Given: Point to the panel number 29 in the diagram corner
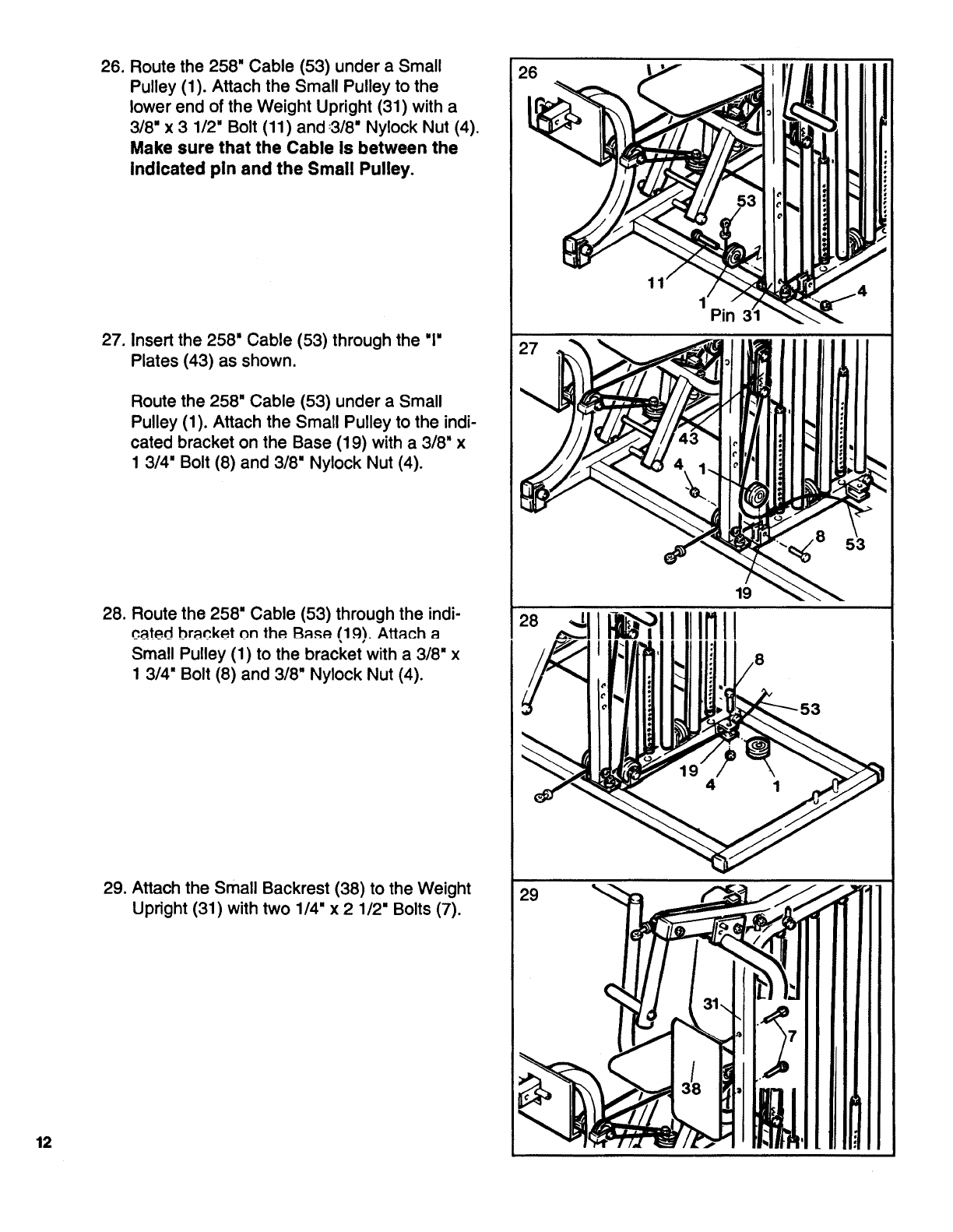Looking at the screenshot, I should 529,896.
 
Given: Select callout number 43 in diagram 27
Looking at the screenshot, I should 688,438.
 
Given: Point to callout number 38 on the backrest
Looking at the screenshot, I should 691,1088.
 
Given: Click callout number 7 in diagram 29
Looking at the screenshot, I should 793,1037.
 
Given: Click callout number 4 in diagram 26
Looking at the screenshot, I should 860,292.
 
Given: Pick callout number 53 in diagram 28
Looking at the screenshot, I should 811,708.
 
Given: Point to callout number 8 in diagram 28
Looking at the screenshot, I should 759,658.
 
